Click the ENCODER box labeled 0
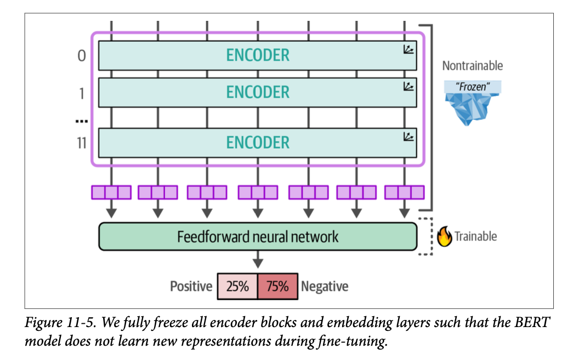click(257, 55)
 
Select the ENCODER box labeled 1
click(257, 92)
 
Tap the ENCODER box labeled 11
click(257, 142)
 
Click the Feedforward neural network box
click(257, 237)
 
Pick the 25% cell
click(237, 286)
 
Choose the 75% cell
click(277, 286)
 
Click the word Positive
click(191, 286)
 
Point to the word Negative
click(325, 286)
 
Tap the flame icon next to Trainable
click(444, 237)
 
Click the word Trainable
click(475, 237)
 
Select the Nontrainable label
click(472, 66)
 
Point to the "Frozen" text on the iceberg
click(472, 86)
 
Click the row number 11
click(81, 143)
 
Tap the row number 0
click(81, 56)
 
